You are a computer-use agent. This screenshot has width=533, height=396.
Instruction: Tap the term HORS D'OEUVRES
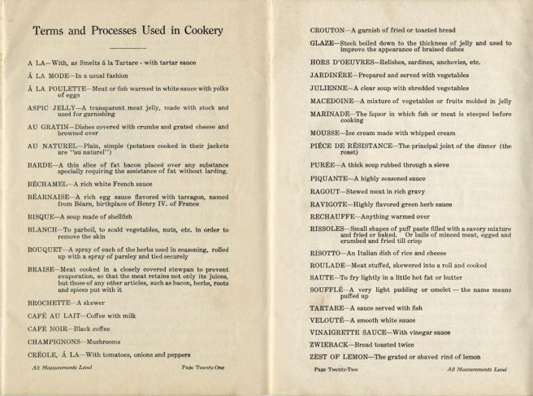pyautogui.click(x=344, y=62)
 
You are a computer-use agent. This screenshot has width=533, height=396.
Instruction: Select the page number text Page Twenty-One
pyautogui.click(x=204, y=368)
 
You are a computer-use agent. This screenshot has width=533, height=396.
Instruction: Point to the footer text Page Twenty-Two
pyautogui.click(x=336, y=368)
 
